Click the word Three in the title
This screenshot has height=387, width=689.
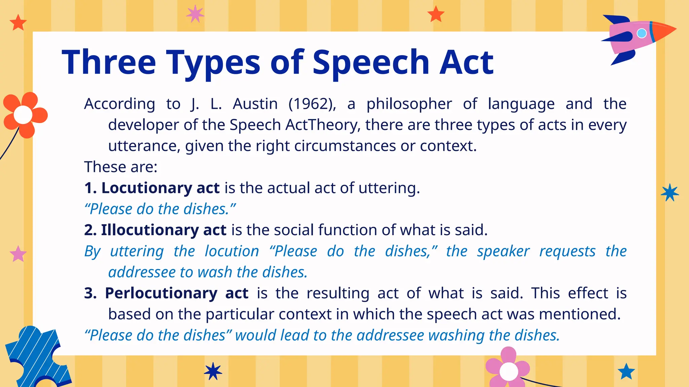[x=109, y=62]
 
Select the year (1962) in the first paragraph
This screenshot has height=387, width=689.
[x=312, y=104]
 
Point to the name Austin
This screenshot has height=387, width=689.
[x=255, y=104]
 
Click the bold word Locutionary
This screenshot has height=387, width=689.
[x=146, y=188]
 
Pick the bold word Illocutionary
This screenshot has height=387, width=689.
[x=150, y=230]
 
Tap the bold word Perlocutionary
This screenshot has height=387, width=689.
[x=161, y=293]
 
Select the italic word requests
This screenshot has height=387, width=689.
[x=568, y=252]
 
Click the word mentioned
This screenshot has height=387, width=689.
[x=580, y=314]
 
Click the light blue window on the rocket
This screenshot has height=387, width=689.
[x=642, y=33]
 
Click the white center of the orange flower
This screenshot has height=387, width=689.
[x=23, y=115]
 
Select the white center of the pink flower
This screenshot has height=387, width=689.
[x=509, y=371]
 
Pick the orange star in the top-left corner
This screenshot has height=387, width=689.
[x=18, y=23]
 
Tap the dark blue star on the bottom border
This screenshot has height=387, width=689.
[x=213, y=371]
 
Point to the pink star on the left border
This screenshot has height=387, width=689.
[x=18, y=254]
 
